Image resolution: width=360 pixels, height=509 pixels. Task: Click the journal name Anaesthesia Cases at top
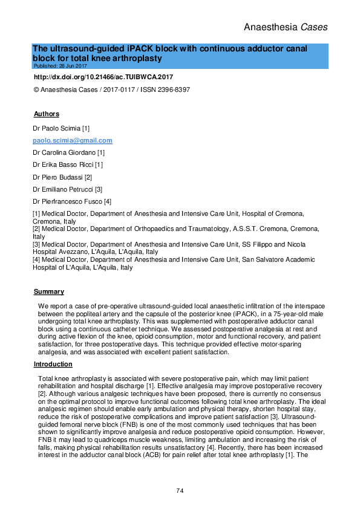point(284,27)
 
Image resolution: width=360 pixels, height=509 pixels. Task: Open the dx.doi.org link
point(103,77)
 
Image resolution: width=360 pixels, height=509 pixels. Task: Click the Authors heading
point(46,114)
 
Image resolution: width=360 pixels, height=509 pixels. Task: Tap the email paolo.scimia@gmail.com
point(72,140)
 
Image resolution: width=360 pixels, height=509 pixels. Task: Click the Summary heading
point(48,292)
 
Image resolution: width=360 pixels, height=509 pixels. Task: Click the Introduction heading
point(53,364)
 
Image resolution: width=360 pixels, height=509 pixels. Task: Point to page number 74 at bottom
point(180,490)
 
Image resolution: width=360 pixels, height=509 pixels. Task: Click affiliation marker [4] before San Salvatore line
point(37,259)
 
